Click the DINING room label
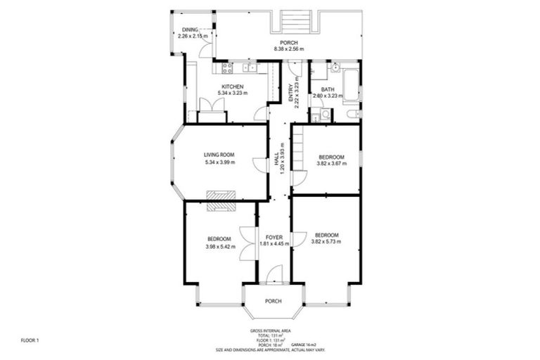pos(188,30)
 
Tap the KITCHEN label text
pos(232,86)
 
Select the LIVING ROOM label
pos(219,155)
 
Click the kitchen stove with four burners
pos(227,67)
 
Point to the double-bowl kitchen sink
pos(249,67)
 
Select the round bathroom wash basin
pos(335,68)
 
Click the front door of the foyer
pos(274,276)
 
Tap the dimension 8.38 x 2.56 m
pos(290,49)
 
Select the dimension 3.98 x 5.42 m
pos(219,246)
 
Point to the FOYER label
pos(274,238)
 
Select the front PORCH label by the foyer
pos(273,301)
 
